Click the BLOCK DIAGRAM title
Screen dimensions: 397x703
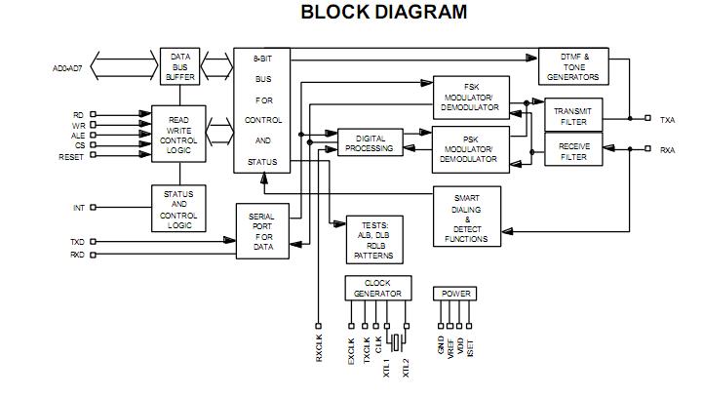point(383,13)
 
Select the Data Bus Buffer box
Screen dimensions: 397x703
point(179,66)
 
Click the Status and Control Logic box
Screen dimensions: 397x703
point(179,209)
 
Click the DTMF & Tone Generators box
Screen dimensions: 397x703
point(573,67)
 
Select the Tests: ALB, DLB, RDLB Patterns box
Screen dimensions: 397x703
point(373,240)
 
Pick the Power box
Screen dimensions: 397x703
point(455,293)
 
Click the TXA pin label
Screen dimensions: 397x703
point(667,120)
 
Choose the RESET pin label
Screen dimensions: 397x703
point(71,157)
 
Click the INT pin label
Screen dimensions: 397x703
point(78,208)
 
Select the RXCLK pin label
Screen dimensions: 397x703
point(319,348)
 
